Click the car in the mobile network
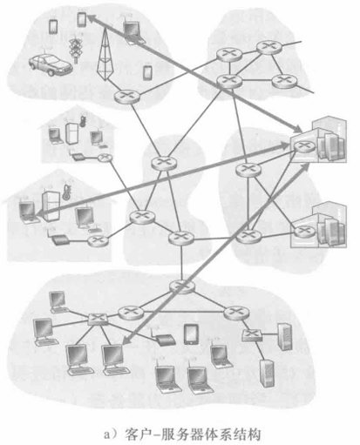pos(51,64)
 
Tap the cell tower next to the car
pos(76,48)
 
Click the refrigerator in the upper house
pos(71,134)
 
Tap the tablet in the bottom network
pos(191,334)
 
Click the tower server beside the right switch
pos(285,336)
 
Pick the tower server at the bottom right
pos(267,374)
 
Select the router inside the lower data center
pos(304,232)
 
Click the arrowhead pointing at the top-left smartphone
pos(90,18)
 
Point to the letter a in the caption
pos(107,435)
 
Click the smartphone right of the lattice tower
pos(147,72)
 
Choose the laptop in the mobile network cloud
pos(132,32)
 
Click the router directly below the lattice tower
pos(126,97)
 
